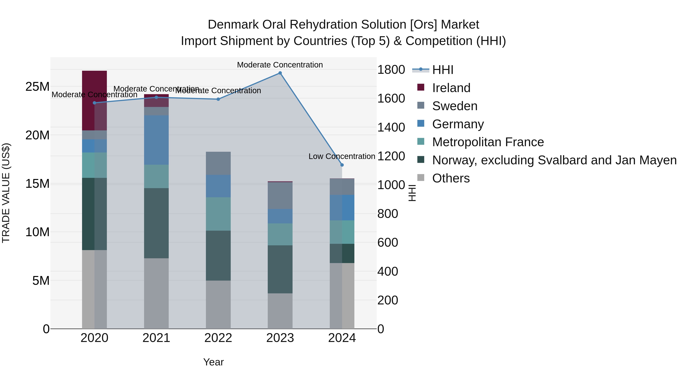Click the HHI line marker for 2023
(280, 73)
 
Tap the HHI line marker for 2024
(342, 165)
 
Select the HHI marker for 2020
(94, 103)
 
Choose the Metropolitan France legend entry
(488, 142)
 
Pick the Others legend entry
(451, 178)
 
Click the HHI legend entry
(443, 70)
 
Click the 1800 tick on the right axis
(391, 70)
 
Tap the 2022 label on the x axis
(218, 338)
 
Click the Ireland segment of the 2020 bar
(94, 100)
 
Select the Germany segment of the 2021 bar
(156, 140)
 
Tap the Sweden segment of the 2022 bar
(218, 163)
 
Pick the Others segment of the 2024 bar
(342, 296)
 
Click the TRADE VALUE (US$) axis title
(6, 193)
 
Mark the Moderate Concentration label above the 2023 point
(280, 65)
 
